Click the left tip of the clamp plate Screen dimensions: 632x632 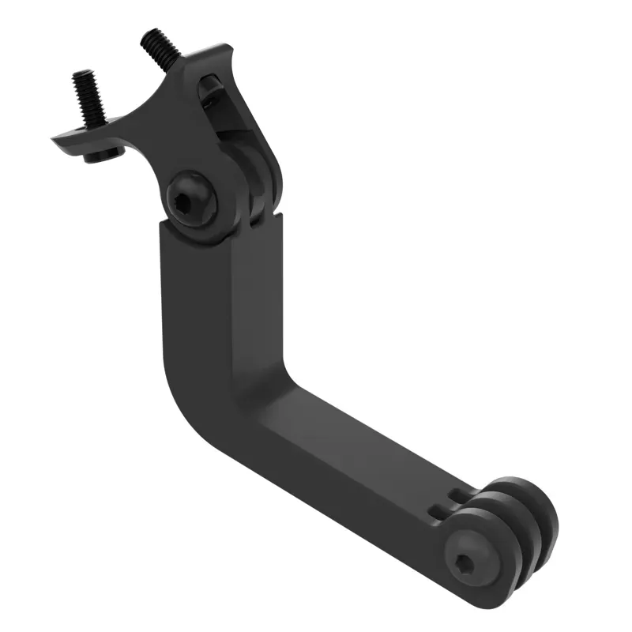coord(57,141)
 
